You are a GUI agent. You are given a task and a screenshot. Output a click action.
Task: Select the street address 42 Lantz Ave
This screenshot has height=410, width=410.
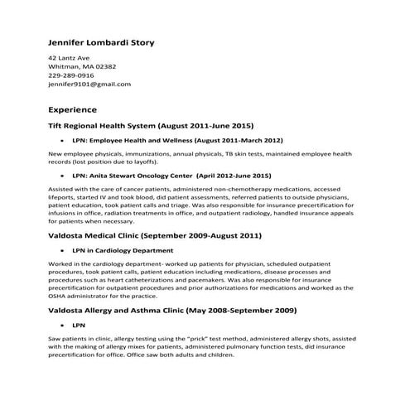69,57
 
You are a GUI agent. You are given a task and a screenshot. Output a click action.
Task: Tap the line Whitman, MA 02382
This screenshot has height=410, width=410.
82,66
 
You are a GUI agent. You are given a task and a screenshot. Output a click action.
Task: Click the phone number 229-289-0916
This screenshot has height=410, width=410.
71,75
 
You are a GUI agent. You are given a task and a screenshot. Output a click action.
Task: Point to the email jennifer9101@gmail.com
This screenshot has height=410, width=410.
89,84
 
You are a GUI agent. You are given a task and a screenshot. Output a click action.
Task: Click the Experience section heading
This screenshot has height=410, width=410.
73,109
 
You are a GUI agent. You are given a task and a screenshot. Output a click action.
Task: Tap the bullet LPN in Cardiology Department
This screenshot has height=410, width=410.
123,250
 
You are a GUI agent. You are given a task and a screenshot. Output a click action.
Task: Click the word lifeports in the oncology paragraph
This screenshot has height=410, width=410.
63,197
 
